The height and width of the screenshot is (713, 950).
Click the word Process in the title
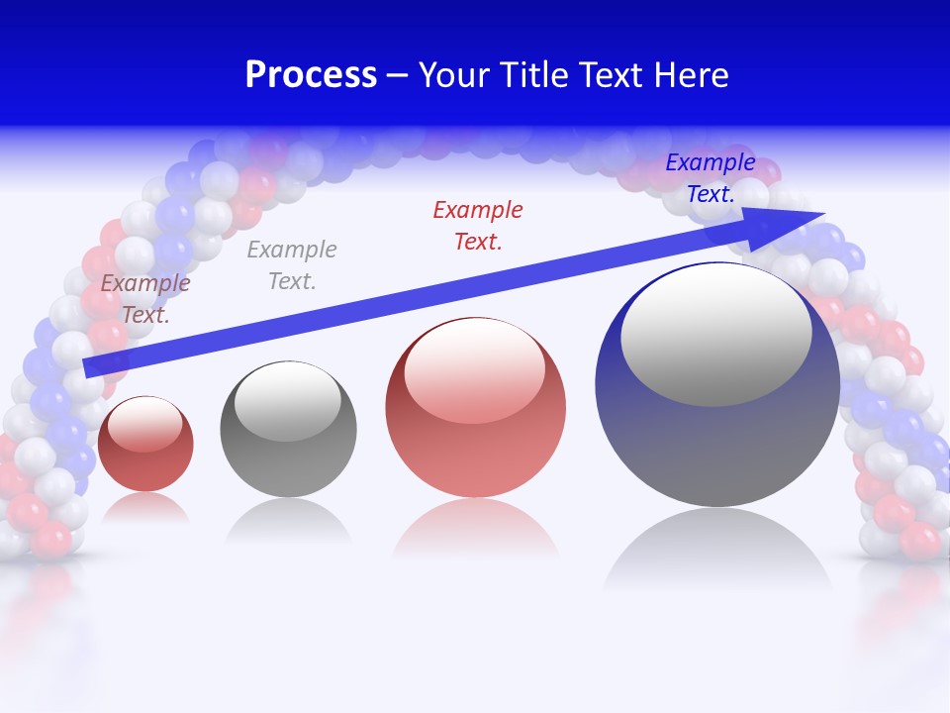[x=311, y=75]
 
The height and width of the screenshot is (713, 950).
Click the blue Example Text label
[x=710, y=178]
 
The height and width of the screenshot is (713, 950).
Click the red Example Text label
[x=478, y=225]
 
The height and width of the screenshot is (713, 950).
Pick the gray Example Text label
[x=292, y=264]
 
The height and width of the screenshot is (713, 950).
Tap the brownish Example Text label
[x=145, y=298]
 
